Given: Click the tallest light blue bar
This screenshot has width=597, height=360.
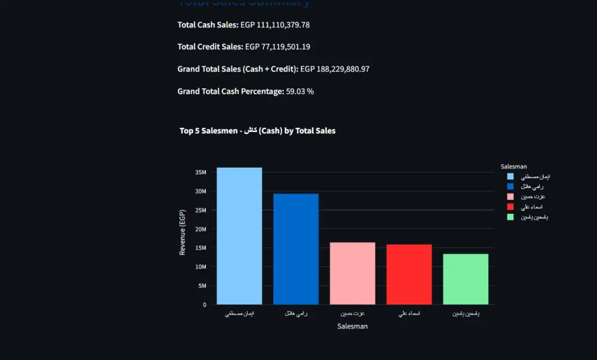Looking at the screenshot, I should coord(239,236).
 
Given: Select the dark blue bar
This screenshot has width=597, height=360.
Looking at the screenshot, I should coord(296,249).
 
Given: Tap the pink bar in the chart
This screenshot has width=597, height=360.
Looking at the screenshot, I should coord(352,273).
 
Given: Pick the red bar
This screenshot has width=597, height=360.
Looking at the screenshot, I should coord(409,275).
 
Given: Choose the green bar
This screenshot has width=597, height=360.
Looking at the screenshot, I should coord(466,279).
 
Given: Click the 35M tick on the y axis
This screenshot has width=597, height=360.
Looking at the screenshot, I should coord(201,173).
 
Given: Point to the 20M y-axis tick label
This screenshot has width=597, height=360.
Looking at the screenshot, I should coord(201,229).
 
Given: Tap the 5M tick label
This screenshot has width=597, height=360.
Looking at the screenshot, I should coord(202,286).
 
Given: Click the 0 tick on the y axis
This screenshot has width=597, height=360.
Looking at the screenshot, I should coord(204,304).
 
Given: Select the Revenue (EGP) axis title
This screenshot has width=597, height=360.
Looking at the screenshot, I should coord(183,232).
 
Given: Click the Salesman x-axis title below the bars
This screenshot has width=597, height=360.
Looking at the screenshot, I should coord(352,327).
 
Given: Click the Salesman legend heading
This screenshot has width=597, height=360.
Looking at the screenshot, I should coord(513,167).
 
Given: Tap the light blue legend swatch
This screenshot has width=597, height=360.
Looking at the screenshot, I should coord(510,177).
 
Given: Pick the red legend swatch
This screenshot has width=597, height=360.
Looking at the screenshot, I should coord(510,207).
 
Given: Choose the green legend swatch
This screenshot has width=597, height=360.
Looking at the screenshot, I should coord(510,217).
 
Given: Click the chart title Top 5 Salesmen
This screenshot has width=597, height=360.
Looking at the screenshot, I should coord(257,131).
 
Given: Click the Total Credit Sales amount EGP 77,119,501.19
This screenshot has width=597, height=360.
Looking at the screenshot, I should coord(278,47).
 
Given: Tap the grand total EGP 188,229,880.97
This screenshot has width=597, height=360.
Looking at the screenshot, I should coord(335,69).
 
